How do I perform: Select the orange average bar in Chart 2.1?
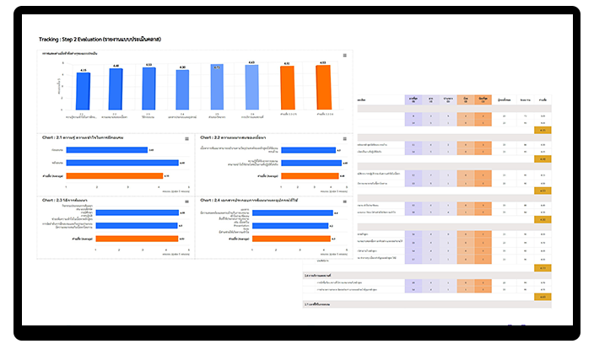[113, 175]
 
